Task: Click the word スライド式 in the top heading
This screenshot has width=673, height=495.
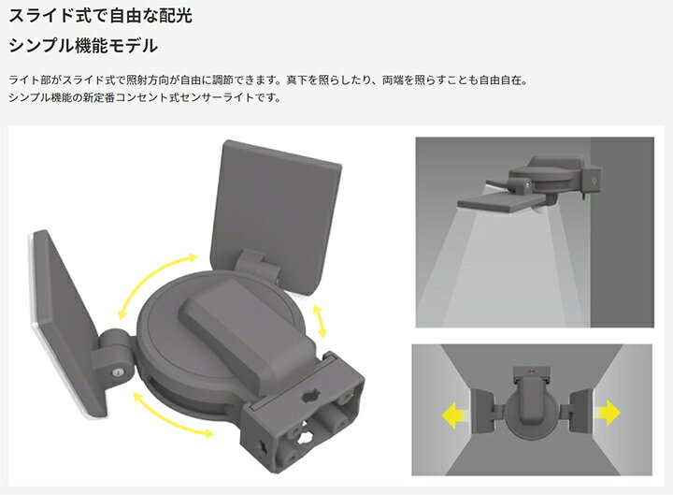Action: coord(50,16)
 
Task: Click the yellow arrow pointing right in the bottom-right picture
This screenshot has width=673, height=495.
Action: coord(608,413)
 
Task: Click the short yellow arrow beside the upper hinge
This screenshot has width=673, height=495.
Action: coord(321,321)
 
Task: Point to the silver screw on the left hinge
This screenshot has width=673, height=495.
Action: coord(117,372)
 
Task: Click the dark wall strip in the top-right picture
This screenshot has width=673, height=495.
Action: coord(622,232)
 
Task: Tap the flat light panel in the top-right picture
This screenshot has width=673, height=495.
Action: coord(500,201)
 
